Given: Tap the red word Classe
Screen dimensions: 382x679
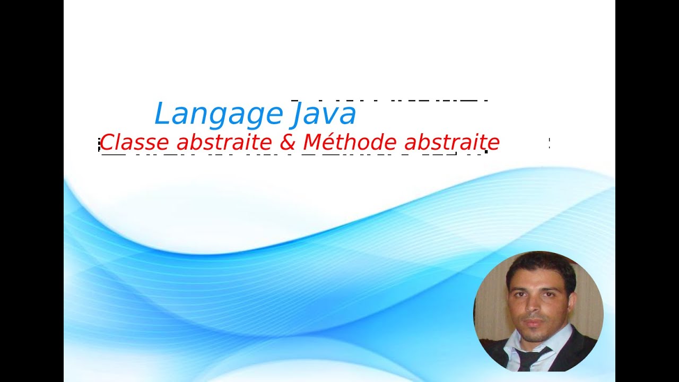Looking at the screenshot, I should click(134, 142).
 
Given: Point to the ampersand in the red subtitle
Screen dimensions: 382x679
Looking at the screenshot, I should click(287, 142).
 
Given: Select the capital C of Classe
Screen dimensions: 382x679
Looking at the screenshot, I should click(108, 142).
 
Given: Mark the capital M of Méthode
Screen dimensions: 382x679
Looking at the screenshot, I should click(312, 142).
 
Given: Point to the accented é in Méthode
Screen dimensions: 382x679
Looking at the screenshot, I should click(332, 142).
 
